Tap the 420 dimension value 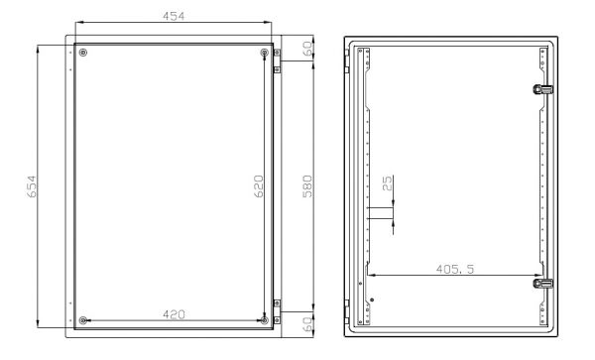175,314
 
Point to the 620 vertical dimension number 257,185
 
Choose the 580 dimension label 306,185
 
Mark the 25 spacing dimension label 388,183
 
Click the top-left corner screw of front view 82,53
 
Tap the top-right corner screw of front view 264,53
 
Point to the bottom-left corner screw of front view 82,319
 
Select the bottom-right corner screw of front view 264,319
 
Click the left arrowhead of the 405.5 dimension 370,274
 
